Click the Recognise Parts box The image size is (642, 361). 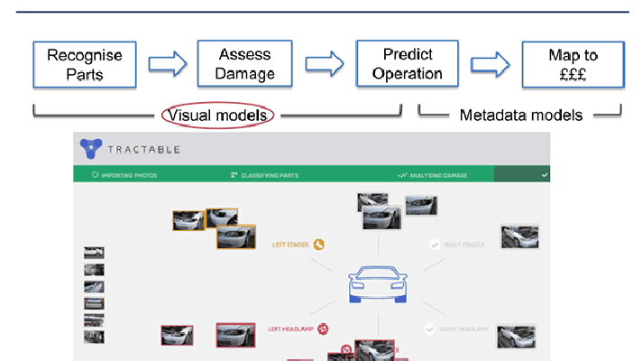(85, 63)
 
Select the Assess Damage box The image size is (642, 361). (245, 63)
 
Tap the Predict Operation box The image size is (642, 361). (408, 63)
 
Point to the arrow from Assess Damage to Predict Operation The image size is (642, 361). (325, 63)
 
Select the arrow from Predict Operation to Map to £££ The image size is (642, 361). (490, 63)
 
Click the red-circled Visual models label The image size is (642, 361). (217, 116)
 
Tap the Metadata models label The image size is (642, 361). (521, 115)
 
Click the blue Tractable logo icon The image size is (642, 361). (91, 148)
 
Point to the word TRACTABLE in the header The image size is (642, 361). (144, 149)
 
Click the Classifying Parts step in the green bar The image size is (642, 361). (270, 175)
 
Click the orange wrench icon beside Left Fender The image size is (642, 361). (319, 244)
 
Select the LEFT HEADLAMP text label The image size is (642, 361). (289, 329)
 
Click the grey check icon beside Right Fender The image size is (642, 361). (435, 244)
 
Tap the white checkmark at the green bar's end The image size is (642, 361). (545, 175)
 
